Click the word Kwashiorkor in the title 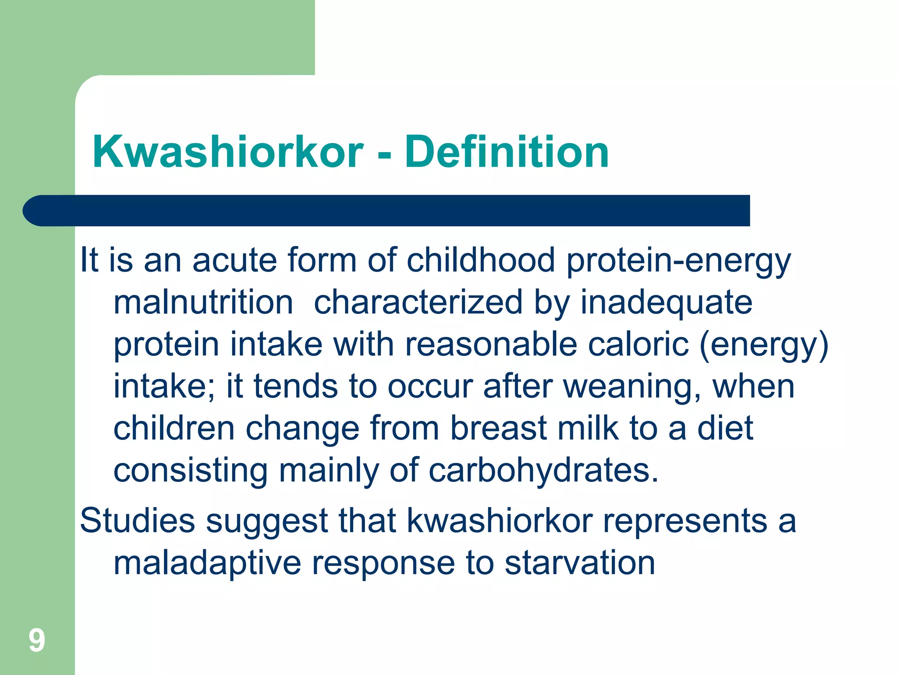click(x=228, y=152)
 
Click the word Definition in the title click(x=507, y=152)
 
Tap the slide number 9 click(x=37, y=640)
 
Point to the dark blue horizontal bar click(x=387, y=210)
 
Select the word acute click(x=234, y=260)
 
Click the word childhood click(x=481, y=260)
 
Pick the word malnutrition click(x=203, y=302)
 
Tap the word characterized click(x=418, y=302)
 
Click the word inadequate click(x=666, y=302)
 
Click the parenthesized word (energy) click(x=764, y=345)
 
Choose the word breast click(x=498, y=428)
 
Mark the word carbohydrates click(x=544, y=471)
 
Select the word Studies click(x=138, y=521)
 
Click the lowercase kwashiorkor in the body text click(x=500, y=521)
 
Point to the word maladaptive click(x=207, y=563)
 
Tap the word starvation click(x=580, y=563)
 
